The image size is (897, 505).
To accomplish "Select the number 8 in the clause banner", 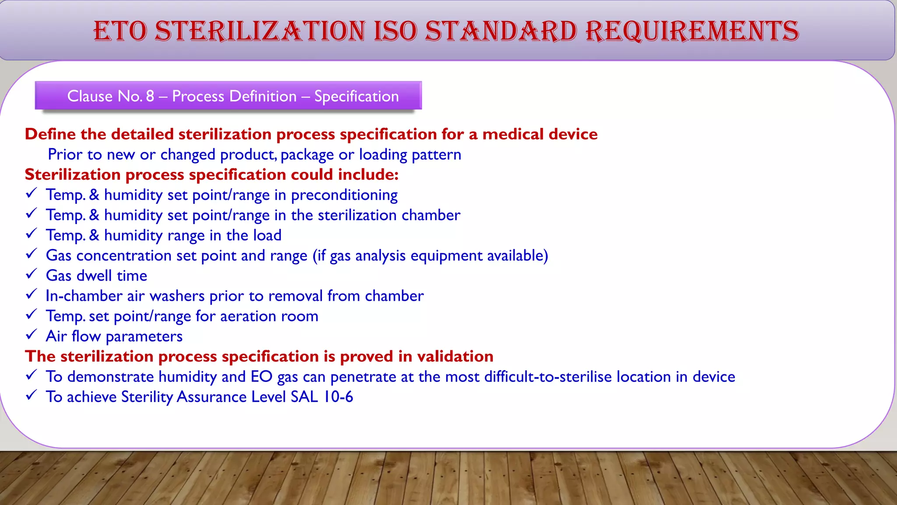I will click(x=150, y=96).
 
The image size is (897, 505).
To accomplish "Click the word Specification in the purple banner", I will click(x=356, y=96).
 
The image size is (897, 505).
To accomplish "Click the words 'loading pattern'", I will click(x=410, y=155).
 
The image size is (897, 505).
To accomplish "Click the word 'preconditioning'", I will click(x=344, y=195).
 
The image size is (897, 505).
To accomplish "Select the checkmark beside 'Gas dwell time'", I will click(x=31, y=274).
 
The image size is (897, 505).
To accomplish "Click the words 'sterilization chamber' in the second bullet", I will click(x=389, y=215).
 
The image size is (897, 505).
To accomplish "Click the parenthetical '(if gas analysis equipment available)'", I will click(x=430, y=256).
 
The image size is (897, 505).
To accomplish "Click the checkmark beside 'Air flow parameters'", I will click(x=31, y=335).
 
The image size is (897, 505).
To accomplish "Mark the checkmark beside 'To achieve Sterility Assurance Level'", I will click(x=31, y=395).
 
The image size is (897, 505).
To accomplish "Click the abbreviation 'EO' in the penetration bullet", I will click(x=261, y=377).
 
